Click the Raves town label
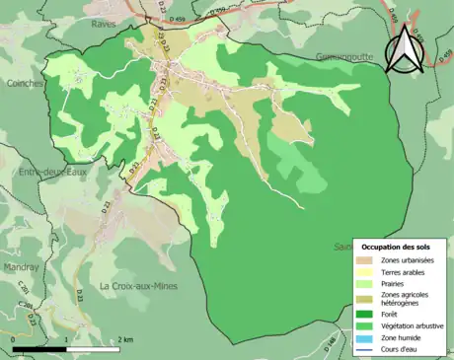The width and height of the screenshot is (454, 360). (x=103, y=24)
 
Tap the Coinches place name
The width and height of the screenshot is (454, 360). (x=23, y=84)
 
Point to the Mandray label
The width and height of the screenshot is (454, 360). (x=20, y=266)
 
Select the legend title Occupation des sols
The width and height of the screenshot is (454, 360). (x=395, y=246)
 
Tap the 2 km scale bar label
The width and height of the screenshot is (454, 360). (x=124, y=339)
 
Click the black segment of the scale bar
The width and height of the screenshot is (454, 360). (x=39, y=349)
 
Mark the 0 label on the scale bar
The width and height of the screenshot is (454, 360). (x=14, y=339)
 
